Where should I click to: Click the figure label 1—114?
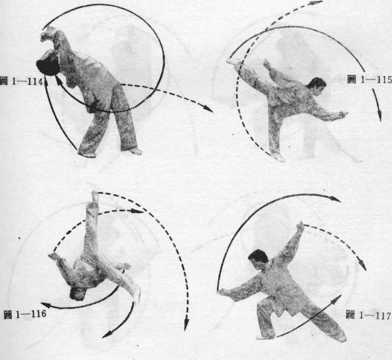(x=22, y=81)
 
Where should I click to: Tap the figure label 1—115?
(x=369, y=80)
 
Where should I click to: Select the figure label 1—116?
(x=25, y=314)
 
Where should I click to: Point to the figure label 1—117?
(x=368, y=316)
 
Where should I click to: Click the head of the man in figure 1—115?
(x=317, y=86)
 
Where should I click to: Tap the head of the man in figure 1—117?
(x=258, y=259)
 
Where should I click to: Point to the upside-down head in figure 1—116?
(x=78, y=293)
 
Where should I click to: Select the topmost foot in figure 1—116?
(x=95, y=197)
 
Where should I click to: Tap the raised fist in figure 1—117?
(x=300, y=226)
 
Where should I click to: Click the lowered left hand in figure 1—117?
(x=223, y=292)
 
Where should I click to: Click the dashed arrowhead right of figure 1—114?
(x=208, y=109)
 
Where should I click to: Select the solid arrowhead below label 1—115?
(x=379, y=116)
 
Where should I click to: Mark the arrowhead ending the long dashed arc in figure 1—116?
(x=186, y=324)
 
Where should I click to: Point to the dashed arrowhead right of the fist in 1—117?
(x=363, y=265)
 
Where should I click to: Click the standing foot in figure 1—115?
(x=277, y=157)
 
